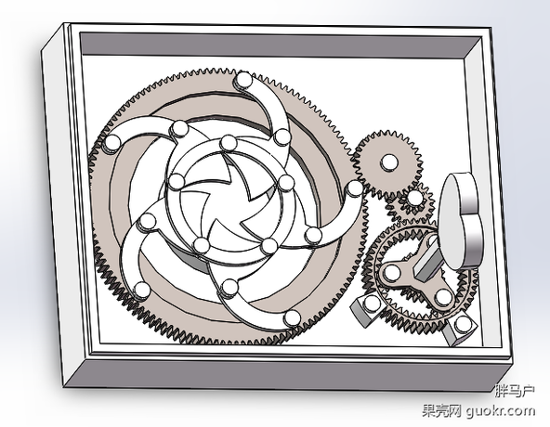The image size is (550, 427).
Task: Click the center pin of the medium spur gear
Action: click(x=389, y=162)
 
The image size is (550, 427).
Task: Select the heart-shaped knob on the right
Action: click(x=461, y=221)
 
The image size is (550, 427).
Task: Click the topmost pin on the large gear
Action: click(x=243, y=79)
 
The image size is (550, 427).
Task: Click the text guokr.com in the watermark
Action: click(x=501, y=410)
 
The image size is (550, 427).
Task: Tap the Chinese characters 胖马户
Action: click(x=515, y=390)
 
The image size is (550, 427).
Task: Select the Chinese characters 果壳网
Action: click(x=441, y=410)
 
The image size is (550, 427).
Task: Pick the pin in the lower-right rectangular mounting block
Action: click(x=463, y=324)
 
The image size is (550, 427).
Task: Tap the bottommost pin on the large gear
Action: click(x=292, y=318)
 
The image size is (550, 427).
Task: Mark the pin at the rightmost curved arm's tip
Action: click(x=355, y=188)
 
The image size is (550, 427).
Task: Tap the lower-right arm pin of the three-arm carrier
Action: click(x=443, y=297)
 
